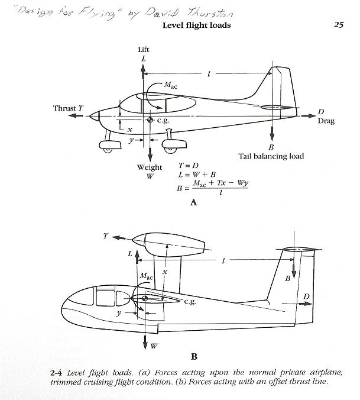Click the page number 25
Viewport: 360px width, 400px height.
point(338,25)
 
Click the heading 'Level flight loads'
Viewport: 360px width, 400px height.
point(196,25)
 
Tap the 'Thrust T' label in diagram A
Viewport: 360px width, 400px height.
point(64,108)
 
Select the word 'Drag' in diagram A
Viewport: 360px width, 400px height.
point(326,121)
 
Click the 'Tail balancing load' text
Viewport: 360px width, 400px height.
point(271,156)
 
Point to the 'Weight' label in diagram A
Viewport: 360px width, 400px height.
point(150,167)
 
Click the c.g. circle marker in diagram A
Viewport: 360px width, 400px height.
point(150,120)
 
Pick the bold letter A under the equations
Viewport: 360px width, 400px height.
point(193,202)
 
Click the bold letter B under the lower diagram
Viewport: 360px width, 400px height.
point(194,357)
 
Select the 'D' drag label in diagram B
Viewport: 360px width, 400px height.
point(306,296)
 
